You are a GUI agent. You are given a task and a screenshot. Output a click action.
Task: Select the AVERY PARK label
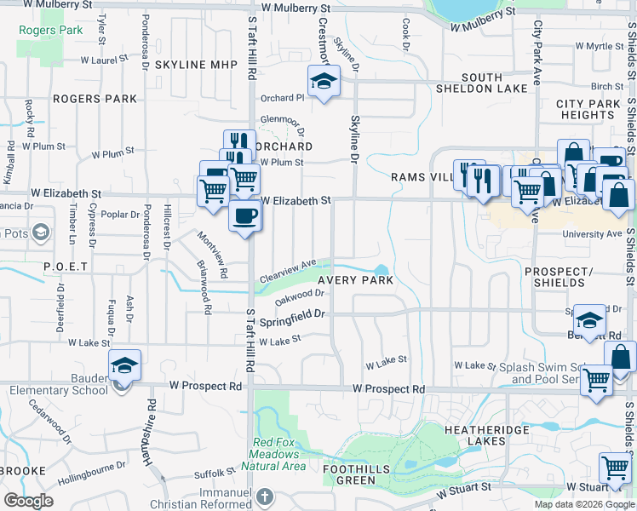coord(355,280)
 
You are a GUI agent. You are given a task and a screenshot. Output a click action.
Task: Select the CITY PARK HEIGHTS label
coord(588,109)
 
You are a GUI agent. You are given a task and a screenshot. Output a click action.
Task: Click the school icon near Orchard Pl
coord(323,83)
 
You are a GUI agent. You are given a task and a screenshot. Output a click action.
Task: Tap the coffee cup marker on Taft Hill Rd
coord(245,215)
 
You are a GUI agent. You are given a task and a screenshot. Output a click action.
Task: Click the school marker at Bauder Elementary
coord(125,366)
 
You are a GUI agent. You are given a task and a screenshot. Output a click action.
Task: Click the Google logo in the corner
coord(28,500)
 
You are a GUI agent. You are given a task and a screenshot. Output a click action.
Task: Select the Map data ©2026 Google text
coord(583,504)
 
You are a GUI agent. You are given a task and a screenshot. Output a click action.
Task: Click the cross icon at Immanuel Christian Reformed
coord(264,497)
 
